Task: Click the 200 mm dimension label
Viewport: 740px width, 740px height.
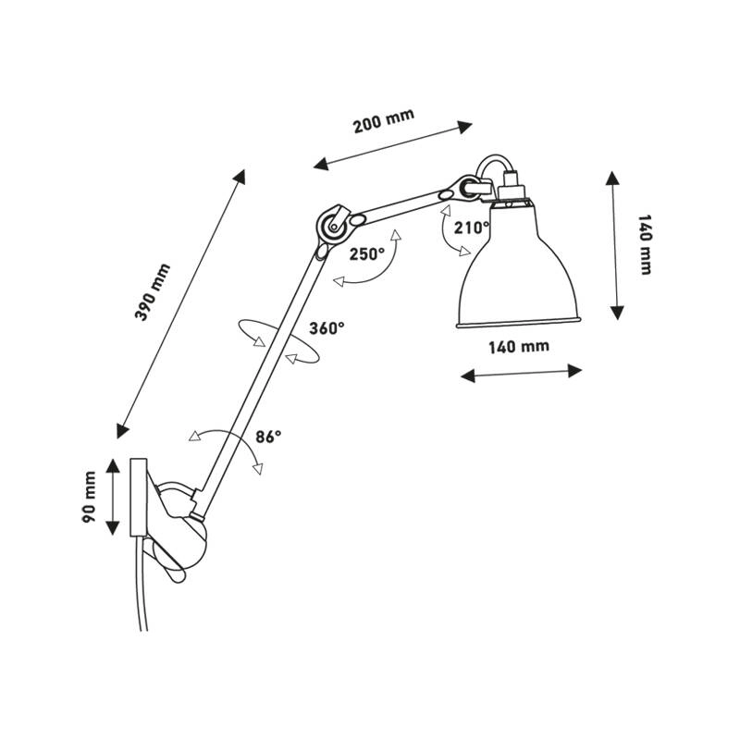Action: tap(384, 121)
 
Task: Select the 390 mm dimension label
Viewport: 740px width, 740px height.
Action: tap(153, 292)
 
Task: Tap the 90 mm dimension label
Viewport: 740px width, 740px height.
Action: tap(89, 497)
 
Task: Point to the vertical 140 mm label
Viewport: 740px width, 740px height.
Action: tap(645, 244)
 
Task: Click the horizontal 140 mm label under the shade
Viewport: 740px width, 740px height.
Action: tap(519, 347)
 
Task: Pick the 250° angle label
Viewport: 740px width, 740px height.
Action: tap(367, 254)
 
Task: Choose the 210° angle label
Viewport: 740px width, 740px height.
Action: tap(472, 228)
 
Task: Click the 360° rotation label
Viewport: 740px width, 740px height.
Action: tap(327, 327)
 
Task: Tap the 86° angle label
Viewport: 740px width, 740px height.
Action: tap(268, 437)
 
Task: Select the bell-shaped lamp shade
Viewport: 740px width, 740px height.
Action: tap(518, 265)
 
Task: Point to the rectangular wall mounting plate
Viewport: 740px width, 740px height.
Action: tap(138, 497)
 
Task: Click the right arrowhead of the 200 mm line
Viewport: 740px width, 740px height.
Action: tap(463, 128)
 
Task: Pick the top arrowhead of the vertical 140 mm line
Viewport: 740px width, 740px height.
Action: tap(612, 179)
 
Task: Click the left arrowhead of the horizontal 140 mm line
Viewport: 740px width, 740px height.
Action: tap(468, 376)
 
